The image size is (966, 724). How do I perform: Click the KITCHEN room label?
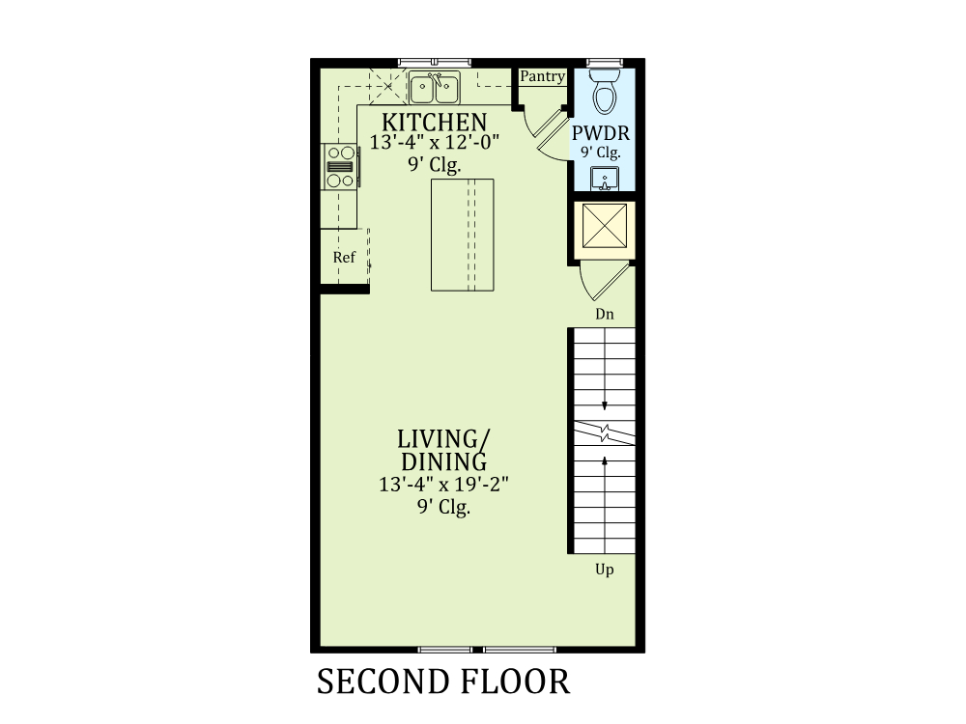pos(435,122)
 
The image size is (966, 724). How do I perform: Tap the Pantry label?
pos(542,76)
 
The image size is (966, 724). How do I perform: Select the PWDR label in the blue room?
pos(601,133)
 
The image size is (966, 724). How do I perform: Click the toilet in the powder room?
pos(605,91)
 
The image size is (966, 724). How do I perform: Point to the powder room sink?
pos(605,179)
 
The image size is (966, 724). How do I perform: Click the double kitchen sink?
pos(435,88)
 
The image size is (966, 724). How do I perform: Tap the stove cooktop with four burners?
pos(340,166)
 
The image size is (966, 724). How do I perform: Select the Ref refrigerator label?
pos(345,257)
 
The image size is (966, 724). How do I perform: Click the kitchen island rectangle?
pos(462,235)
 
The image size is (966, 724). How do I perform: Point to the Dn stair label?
pos(605,314)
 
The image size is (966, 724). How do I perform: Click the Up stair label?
pos(605,570)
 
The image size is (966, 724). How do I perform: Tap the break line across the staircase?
pos(605,432)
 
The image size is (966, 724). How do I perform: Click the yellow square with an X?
pos(605,225)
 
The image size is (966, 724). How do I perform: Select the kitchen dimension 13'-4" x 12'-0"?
pos(435,142)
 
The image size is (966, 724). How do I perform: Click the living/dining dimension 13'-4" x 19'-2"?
pos(443,485)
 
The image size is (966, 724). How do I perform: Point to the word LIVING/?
pos(443,439)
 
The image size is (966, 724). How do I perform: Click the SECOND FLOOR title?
pos(443,682)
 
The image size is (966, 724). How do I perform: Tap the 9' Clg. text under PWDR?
pos(601,153)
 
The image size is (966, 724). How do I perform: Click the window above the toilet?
pos(605,62)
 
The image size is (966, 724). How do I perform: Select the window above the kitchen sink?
pos(435,62)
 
